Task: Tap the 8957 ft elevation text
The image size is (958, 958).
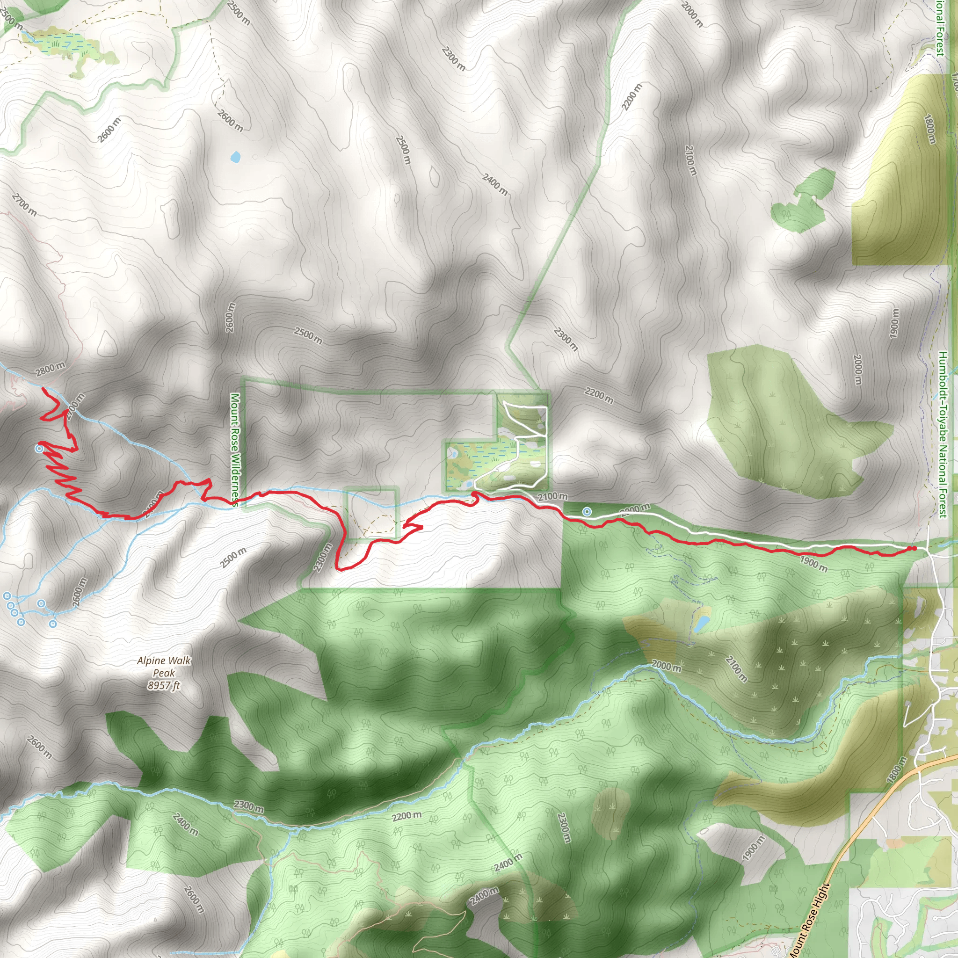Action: pyautogui.click(x=164, y=686)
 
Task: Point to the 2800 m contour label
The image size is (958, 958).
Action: pyautogui.click(x=50, y=369)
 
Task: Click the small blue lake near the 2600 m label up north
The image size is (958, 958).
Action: pyautogui.click(x=235, y=157)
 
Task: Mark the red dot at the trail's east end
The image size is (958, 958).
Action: pyautogui.click(x=912, y=548)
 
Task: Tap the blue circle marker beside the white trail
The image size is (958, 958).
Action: pyautogui.click(x=587, y=511)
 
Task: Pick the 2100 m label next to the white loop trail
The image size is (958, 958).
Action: pyautogui.click(x=552, y=496)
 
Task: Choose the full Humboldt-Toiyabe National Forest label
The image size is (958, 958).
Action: pyautogui.click(x=943, y=435)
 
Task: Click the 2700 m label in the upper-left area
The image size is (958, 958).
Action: pyautogui.click(x=24, y=205)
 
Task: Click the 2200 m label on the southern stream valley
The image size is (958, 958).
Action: pyautogui.click(x=406, y=816)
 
